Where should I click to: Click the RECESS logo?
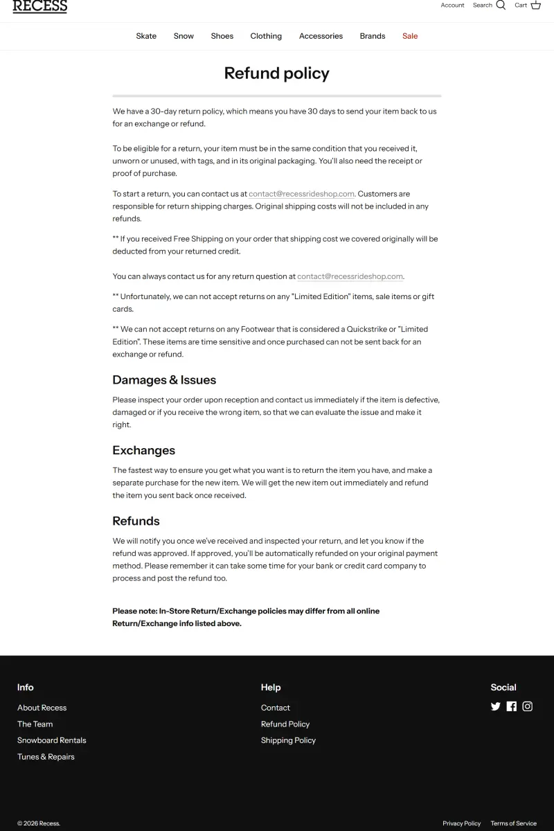pos(40,6)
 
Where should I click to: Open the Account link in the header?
pos(452,6)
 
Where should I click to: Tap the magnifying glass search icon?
pos(501,6)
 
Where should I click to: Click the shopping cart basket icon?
pos(535,6)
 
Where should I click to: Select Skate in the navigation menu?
pos(146,36)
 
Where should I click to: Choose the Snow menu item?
pos(184,36)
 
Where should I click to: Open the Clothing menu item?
pos(266,36)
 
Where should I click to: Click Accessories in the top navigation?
pos(321,36)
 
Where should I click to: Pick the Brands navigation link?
pos(373,36)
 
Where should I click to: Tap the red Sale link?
pos(410,36)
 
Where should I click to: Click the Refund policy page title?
pos(277,73)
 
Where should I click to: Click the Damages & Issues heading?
pos(164,380)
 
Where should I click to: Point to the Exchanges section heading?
pos(144,450)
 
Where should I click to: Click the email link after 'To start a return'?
pos(301,194)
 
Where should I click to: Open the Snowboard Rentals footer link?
pos(52,740)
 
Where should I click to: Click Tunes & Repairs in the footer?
pos(46,757)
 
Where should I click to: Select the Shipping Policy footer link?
pos(288,740)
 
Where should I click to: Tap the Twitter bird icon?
pos(495,706)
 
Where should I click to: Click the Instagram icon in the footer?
pos(528,706)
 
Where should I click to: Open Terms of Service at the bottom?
pos(513,823)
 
